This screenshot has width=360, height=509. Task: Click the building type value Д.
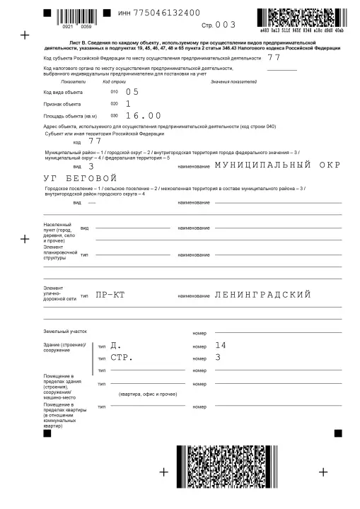coord(115,346)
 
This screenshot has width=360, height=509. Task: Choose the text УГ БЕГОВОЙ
coord(79,178)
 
